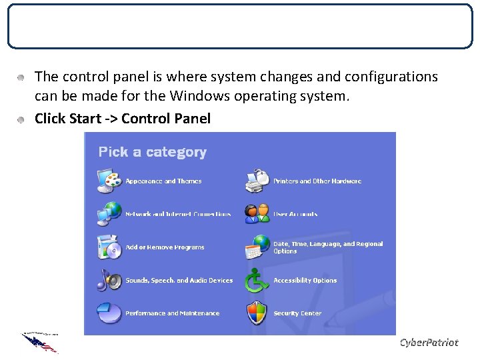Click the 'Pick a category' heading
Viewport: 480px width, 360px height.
pos(152,152)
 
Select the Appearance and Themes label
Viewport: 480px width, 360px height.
pos(163,181)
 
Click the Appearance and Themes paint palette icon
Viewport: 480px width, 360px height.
pos(109,180)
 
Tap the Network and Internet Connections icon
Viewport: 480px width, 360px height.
pos(109,213)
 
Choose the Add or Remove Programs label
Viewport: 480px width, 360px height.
pos(165,247)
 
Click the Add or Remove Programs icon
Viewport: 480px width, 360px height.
pos(109,247)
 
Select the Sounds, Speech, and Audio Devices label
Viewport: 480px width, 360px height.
pos(179,281)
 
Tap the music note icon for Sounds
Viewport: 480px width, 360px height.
pos(109,280)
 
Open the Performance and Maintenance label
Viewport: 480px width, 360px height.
pos(172,313)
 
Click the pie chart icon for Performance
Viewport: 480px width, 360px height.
pos(109,313)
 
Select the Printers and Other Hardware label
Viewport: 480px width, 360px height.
pos(317,181)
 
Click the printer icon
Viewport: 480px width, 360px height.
pos(257,180)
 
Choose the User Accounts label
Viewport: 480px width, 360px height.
pos(295,215)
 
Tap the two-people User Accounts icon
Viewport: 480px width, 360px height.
pos(257,213)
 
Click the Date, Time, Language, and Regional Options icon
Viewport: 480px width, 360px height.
pos(257,247)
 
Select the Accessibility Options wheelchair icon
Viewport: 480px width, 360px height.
pos(257,280)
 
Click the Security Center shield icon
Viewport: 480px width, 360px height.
pos(257,313)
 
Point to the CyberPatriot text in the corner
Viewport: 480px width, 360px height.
pos(429,342)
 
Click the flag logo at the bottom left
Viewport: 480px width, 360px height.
pos(40,341)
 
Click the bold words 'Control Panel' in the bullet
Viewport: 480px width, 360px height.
pos(166,119)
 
